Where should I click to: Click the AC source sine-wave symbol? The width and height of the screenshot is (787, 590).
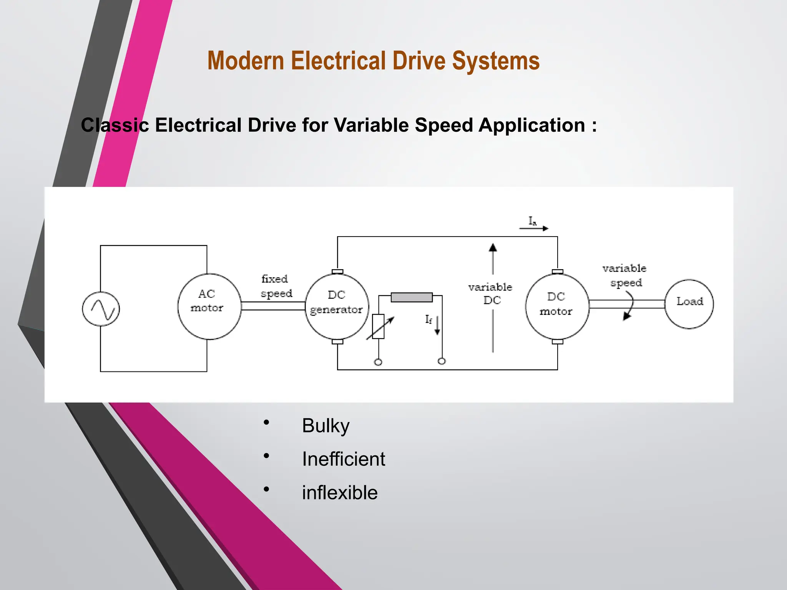(101, 309)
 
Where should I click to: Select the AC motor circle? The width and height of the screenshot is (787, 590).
(209, 306)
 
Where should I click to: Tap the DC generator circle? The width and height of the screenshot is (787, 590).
(337, 306)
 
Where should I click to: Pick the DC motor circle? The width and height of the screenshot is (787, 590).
(557, 306)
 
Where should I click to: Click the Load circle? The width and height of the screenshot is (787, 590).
(689, 304)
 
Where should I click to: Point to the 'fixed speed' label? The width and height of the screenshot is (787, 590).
(276, 286)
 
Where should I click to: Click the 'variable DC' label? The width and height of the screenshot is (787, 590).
(491, 293)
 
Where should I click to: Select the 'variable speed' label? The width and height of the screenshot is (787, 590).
(624, 275)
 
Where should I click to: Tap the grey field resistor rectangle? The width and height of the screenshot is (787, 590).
(412, 297)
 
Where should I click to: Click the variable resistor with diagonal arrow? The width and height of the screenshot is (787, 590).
(379, 326)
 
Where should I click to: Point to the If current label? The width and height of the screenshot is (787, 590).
(428, 320)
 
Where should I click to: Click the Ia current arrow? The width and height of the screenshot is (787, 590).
(534, 228)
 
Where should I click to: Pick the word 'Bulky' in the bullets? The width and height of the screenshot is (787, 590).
(325, 426)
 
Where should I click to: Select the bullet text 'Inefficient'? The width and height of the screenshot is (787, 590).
(343, 459)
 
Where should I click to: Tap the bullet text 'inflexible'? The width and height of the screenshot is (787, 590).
(340, 493)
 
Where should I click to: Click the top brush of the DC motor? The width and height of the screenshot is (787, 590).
(557, 272)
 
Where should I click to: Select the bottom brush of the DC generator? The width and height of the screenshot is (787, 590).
(337, 341)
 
